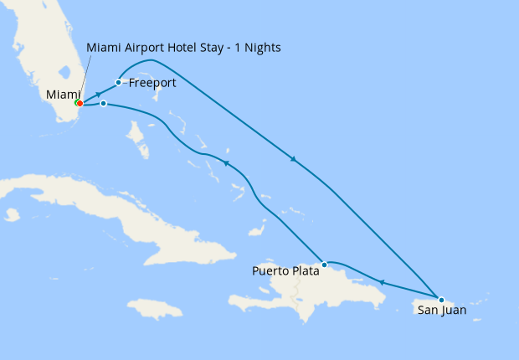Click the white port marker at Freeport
point(119,82)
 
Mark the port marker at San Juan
point(441,299)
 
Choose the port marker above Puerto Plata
point(325,264)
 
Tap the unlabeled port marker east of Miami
point(103,104)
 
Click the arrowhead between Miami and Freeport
point(99,93)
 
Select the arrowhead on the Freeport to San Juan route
point(292,159)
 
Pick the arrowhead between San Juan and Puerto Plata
point(381,282)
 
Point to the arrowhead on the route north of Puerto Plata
point(225,162)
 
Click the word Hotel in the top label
point(188,48)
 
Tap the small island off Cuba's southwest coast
point(12,215)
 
